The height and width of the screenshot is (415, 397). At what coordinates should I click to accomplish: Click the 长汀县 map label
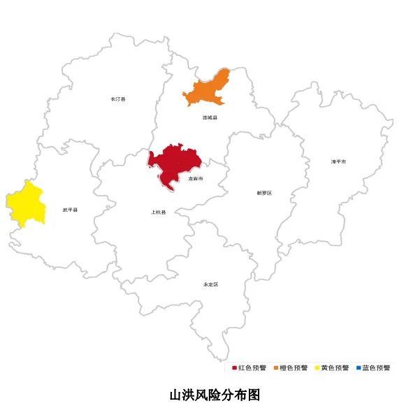tap(118, 99)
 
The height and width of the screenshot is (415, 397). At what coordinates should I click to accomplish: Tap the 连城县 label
tap(210, 118)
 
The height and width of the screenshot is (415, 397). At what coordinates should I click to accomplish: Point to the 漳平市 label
tap(338, 161)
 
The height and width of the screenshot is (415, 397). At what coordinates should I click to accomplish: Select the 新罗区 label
tap(264, 193)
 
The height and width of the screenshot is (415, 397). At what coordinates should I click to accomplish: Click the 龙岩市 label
tap(196, 180)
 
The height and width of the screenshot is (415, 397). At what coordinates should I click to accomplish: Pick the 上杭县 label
tap(159, 212)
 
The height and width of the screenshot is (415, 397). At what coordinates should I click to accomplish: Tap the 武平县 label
tap(70, 210)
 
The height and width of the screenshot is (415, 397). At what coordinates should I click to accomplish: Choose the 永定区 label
tap(211, 284)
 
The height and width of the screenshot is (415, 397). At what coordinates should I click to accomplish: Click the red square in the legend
tap(235, 367)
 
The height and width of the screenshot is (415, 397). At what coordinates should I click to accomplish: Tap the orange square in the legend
tap(276, 367)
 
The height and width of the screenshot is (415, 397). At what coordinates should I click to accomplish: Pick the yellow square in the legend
tap(317, 367)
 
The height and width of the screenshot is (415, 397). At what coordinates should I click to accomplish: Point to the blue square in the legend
tap(358, 367)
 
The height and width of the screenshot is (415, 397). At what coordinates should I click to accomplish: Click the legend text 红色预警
tap(252, 367)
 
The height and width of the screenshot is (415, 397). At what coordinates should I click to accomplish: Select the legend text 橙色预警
tap(294, 367)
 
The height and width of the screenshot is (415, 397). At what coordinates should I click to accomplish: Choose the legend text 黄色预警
tap(335, 367)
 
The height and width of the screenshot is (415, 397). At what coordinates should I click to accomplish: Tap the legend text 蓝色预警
tap(376, 367)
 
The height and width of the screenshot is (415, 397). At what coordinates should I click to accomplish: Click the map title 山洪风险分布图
tap(215, 395)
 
